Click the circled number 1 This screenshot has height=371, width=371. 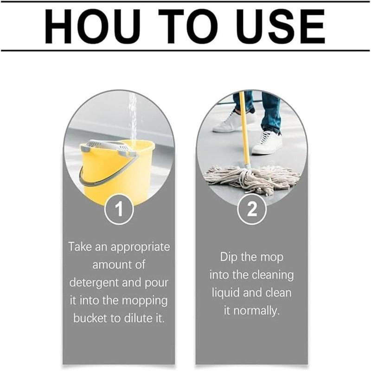click(119, 210)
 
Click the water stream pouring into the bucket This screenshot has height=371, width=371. click(133, 116)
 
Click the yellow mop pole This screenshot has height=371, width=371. click(244, 134)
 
